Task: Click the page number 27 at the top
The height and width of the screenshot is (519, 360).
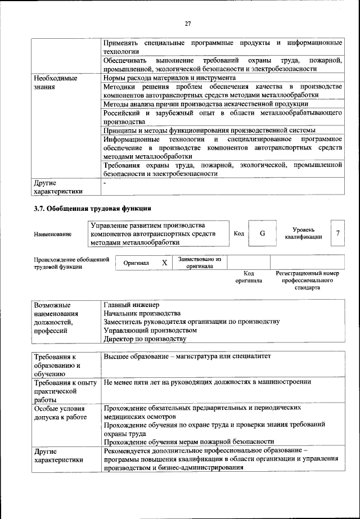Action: tap(188, 23)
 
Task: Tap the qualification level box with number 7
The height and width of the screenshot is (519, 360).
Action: tap(337, 233)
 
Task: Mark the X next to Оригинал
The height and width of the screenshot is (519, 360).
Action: tap(164, 263)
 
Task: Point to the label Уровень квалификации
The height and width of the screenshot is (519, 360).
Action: tap(303, 233)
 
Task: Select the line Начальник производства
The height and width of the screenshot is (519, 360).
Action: tap(142, 313)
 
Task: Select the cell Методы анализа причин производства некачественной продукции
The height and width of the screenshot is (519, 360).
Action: tap(206, 104)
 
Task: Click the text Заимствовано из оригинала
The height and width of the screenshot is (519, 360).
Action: tap(200, 263)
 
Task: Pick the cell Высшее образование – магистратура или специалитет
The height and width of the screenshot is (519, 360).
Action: tap(187, 356)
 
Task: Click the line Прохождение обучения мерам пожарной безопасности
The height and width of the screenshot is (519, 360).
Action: tap(189, 442)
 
